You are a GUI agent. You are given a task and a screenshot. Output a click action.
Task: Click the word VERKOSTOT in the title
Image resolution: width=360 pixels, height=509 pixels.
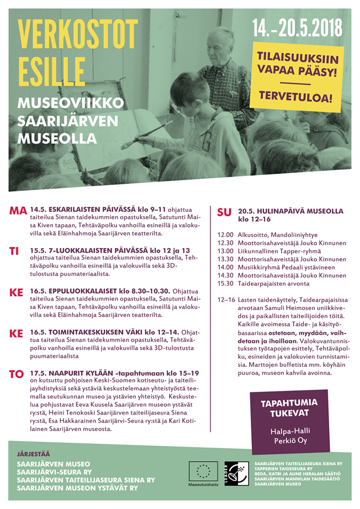pyautogui.click(x=78, y=35)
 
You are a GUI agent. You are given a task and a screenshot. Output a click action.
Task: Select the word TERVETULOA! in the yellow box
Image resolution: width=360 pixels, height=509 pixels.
pyautogui.click(x=295, y=97)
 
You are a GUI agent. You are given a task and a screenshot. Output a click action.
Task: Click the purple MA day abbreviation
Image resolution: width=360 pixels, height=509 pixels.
pyautogui.click(x=18, y=211)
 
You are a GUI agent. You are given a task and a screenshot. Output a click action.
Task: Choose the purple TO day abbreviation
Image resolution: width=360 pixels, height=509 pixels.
pyautogui.click(x=16, y=374)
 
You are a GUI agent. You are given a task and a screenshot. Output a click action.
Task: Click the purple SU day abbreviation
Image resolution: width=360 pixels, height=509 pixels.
pyautogui.click(x=224, y=213)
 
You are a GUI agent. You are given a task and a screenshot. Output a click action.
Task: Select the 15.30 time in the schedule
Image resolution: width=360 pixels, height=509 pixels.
pyautogui.click(x=225, y=284)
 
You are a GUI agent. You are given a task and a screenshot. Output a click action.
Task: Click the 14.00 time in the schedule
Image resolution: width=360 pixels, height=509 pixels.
pyautogui.click(x=225, y=267)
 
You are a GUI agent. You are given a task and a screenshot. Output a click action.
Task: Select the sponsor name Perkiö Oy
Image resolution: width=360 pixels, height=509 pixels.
pyautogui.click(x=289, y=440)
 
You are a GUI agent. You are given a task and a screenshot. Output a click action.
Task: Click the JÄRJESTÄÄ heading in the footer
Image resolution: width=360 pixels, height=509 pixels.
pyautogui.click(x=33, y=454)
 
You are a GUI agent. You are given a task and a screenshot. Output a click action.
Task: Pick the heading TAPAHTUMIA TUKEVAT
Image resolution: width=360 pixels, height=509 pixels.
pyautogui.click(x=289, y=408)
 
